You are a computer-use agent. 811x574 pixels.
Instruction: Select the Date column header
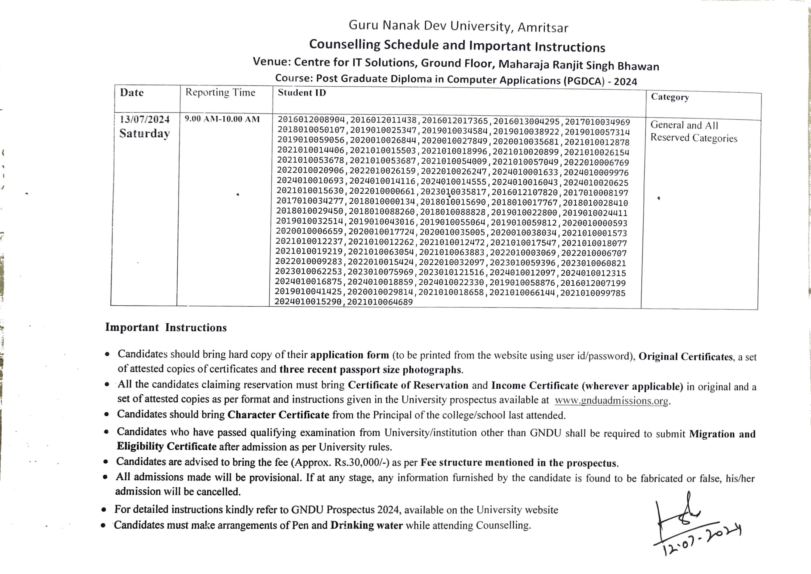pos(132,92)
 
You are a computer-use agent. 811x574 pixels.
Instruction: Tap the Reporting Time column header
pos(220,92)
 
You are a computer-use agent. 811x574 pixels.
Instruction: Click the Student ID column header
pos(302,92)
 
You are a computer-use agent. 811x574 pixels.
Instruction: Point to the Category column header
pos(670,97)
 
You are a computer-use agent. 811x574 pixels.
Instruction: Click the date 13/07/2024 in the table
pos(145,120)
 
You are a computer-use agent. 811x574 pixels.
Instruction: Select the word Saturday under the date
pos(144,134)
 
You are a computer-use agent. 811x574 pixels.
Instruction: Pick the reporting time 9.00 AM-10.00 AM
pos(222,119)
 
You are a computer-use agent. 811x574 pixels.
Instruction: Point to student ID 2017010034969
pos(597,122)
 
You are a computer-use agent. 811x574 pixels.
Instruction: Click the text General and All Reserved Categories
pos(693,132)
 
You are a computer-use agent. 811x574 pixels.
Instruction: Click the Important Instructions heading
pos(166,328)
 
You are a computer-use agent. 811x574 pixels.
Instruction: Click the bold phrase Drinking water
pos(366,525)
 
